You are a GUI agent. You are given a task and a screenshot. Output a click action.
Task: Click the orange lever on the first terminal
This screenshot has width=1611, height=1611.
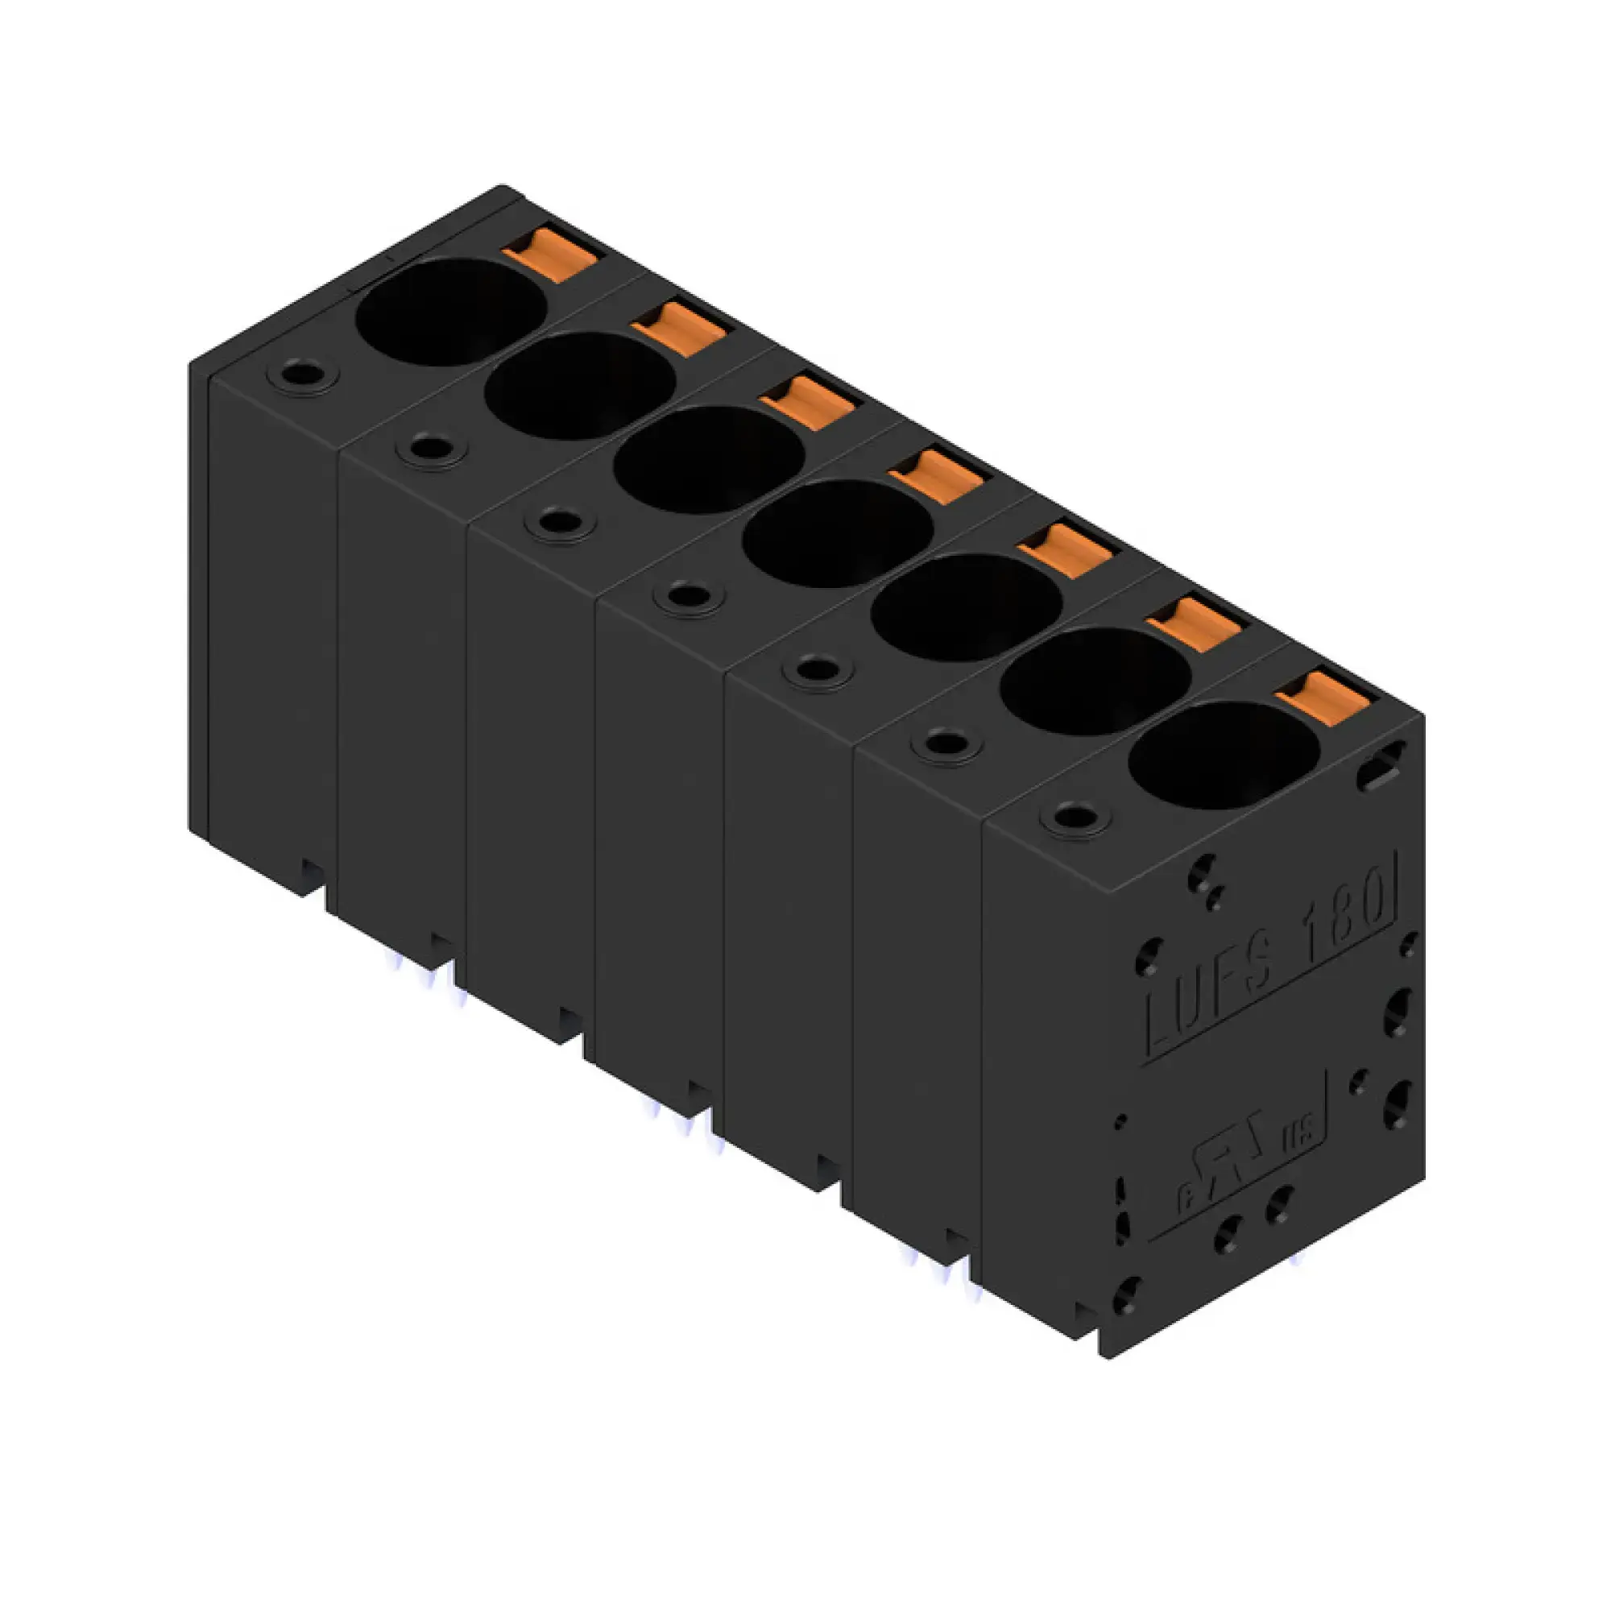(550, 255)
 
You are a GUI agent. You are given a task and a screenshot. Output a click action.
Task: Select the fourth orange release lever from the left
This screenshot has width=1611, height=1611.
(938, 475)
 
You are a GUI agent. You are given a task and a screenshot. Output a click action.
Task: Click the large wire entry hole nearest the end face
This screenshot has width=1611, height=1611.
(1224, 755)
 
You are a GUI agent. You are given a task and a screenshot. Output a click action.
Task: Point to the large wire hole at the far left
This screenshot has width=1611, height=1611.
(451, 311)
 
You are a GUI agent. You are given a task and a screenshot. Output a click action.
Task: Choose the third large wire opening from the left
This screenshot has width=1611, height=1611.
(709, 459)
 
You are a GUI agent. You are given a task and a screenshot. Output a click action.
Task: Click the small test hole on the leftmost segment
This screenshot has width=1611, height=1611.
(302, 375)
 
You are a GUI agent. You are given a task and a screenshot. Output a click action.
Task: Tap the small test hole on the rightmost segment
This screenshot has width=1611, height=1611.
(1075, 818)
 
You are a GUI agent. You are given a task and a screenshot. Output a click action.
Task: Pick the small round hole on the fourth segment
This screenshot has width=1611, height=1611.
(689, 596)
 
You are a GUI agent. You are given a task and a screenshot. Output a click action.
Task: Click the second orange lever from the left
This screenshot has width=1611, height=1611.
(680, 328)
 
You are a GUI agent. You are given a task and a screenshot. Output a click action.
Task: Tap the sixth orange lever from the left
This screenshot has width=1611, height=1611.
(1194, 622)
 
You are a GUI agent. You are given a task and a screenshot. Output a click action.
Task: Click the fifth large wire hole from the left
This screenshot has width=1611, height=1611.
(967, 607)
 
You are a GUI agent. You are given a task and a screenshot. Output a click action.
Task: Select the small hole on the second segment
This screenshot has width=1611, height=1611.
(431, 449)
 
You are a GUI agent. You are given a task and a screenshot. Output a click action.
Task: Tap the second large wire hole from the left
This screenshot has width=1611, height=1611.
(579, 384)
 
